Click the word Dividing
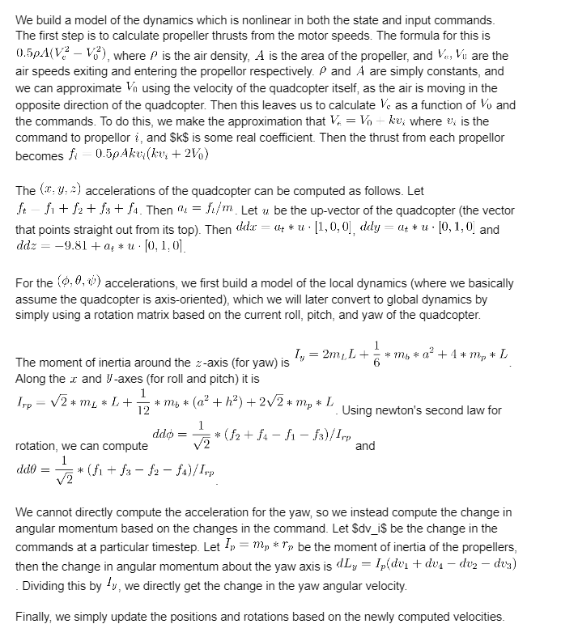(48, 585)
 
